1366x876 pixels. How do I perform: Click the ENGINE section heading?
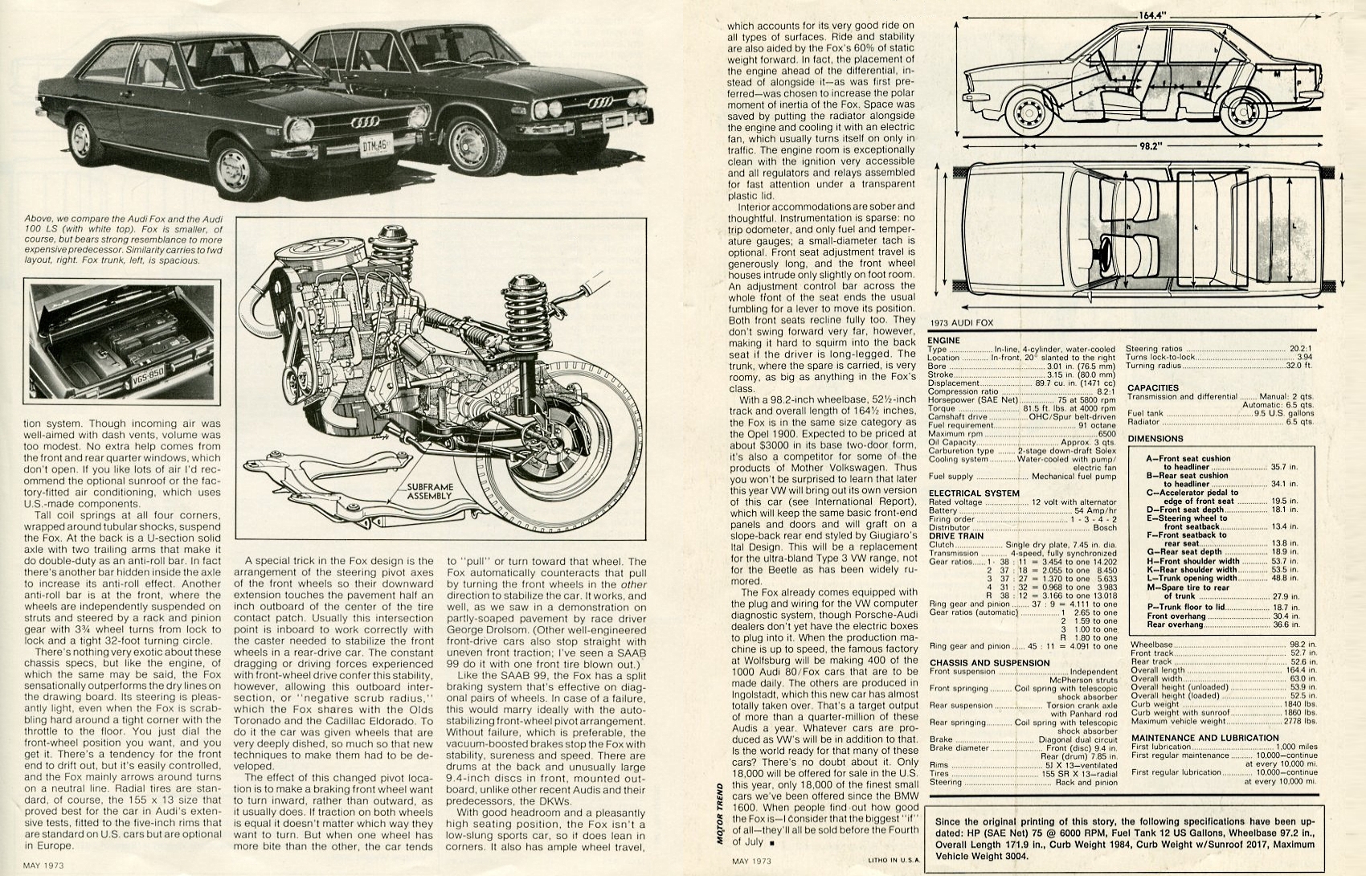[x=943, y=341]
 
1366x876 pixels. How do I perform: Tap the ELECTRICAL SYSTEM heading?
[x=974, y=493]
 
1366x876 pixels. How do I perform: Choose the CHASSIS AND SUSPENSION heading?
[x=988, y=662]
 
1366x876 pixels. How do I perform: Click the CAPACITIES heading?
[x=1152, y=387]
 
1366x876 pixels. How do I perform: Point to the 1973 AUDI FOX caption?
[x=962, y=322]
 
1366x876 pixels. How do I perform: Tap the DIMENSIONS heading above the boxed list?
[x=1155, y=439]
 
